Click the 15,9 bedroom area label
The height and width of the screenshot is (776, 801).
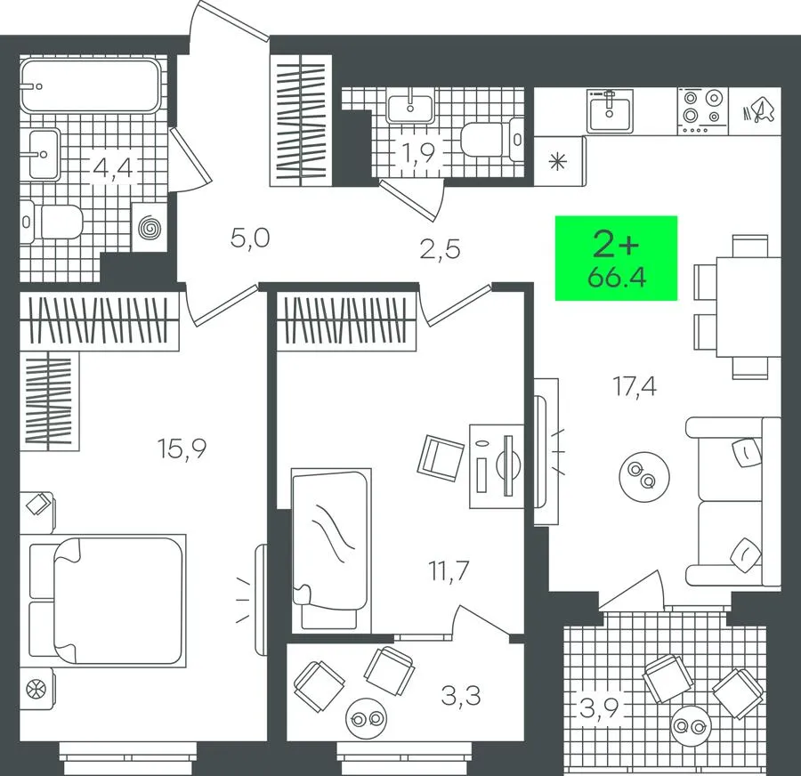pos(182,449)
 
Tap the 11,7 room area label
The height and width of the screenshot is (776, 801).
pos(449,570)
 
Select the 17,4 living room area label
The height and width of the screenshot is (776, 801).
pos(634,386)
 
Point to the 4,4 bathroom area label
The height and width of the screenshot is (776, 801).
pos(113,167)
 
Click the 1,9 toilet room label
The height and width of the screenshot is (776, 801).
pos(418,152)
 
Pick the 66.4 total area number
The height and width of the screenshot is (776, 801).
pos(617,278)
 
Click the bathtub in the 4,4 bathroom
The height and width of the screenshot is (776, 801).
pos(91,85)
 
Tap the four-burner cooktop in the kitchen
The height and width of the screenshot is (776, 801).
pos(703,111)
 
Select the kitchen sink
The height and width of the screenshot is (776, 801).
pos(610,111)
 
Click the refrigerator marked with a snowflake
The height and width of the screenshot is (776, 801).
pos(559,161)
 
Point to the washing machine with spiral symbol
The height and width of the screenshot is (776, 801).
pos(150,227)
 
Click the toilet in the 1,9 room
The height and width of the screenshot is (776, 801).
pos(492,138)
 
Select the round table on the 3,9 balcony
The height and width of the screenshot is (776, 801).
pos(692,725)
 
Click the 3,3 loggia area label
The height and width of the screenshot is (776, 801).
pos(461,695)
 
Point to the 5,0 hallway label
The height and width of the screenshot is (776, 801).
pos(250,238)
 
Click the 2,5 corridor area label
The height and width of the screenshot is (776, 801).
pos(441,249)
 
